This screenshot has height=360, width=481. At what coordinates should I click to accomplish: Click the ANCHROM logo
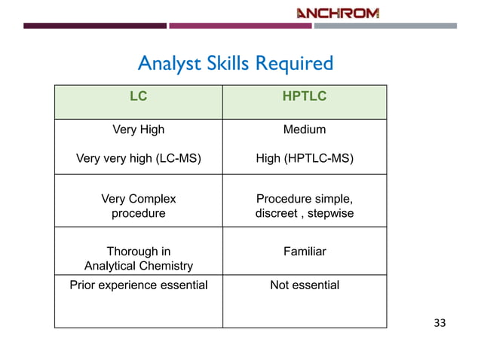click(x=337, y=12)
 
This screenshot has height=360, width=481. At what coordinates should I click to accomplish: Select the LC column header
click(x=138, y=96)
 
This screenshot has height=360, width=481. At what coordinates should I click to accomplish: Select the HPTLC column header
click(x=304, y=96)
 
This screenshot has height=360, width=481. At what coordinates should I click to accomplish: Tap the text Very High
click(x=138, y=130)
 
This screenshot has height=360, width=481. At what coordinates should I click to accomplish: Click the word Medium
click(x=304, y=130)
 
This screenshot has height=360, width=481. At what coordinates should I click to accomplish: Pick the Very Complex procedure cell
click(x=138, y=206)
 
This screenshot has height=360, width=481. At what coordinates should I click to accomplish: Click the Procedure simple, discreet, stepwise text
click(x=304, y=206)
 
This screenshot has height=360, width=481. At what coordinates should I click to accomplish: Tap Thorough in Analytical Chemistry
click(x=138, y=258)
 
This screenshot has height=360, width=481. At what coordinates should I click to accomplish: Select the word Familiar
click(x=304, y=252)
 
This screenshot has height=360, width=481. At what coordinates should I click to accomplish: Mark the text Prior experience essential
click(x=138, y=285)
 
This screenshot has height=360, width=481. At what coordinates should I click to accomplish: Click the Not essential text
click(x=304, y=285)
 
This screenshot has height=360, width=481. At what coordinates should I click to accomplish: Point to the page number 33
click(x=440, y=323)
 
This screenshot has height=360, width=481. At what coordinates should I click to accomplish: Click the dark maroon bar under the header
click(x=94, y=26)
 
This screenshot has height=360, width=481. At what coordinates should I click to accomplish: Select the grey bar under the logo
click(x=384, y=26)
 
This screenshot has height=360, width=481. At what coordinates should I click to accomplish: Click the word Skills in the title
click(x=232, y=63)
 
